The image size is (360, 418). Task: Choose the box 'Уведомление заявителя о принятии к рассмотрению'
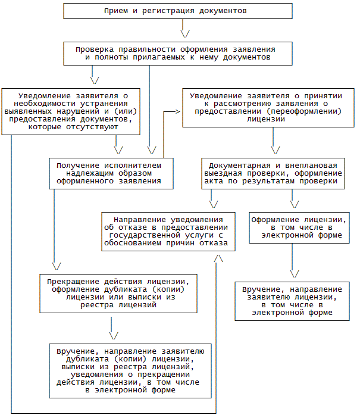click(x=265, y=107)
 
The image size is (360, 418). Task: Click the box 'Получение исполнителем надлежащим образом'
click(x=112, y=173)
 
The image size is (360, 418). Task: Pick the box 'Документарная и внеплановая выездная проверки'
click(x=273, y=173)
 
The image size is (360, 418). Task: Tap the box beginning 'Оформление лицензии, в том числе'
click(x=292, y=227)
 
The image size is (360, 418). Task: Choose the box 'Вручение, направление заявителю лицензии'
click(x=292, y=301)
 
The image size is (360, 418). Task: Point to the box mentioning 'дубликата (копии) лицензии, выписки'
click(x=130, y=370)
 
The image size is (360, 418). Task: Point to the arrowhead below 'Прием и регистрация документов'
click(x=185, y=32)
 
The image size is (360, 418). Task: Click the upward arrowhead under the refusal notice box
click(x=218, y=258)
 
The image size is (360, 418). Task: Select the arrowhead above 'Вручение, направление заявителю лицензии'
click(x=293, y=273)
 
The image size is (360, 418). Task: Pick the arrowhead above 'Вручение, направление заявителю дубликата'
click(x=114, y=335)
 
